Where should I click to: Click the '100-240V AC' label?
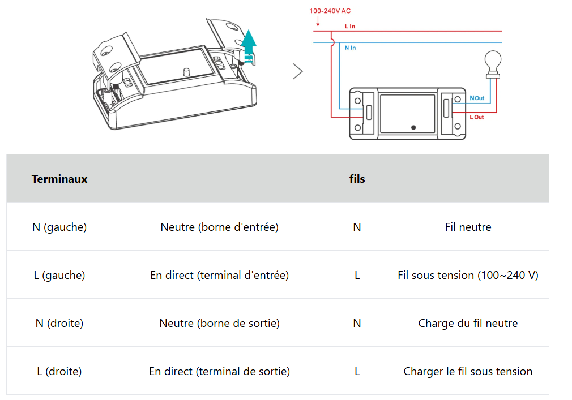[x=330, y=11]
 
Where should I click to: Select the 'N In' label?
[x=350, y=48]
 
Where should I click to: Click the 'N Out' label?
[x=477, y=98]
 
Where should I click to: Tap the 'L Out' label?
[x=477, y=117]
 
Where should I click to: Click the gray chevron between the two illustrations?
[x=298, y=71]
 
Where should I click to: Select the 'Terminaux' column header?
[x=59, y=179]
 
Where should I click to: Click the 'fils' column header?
[x=357, y=179]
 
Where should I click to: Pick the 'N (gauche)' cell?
[x=59, y=227]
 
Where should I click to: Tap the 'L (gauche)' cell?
[x=59, y=275]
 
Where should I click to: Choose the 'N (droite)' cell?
[x=59, y=323]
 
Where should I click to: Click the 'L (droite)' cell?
[x=59, y=371]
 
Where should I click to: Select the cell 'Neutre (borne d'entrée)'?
[x=219, y=227]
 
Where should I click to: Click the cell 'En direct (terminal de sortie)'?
[x=219, y=371]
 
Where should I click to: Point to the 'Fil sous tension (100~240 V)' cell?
[x=468, y=275]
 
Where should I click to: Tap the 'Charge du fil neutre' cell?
[x=468, y=323]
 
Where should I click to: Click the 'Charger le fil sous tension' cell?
[x=468, y=371]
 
